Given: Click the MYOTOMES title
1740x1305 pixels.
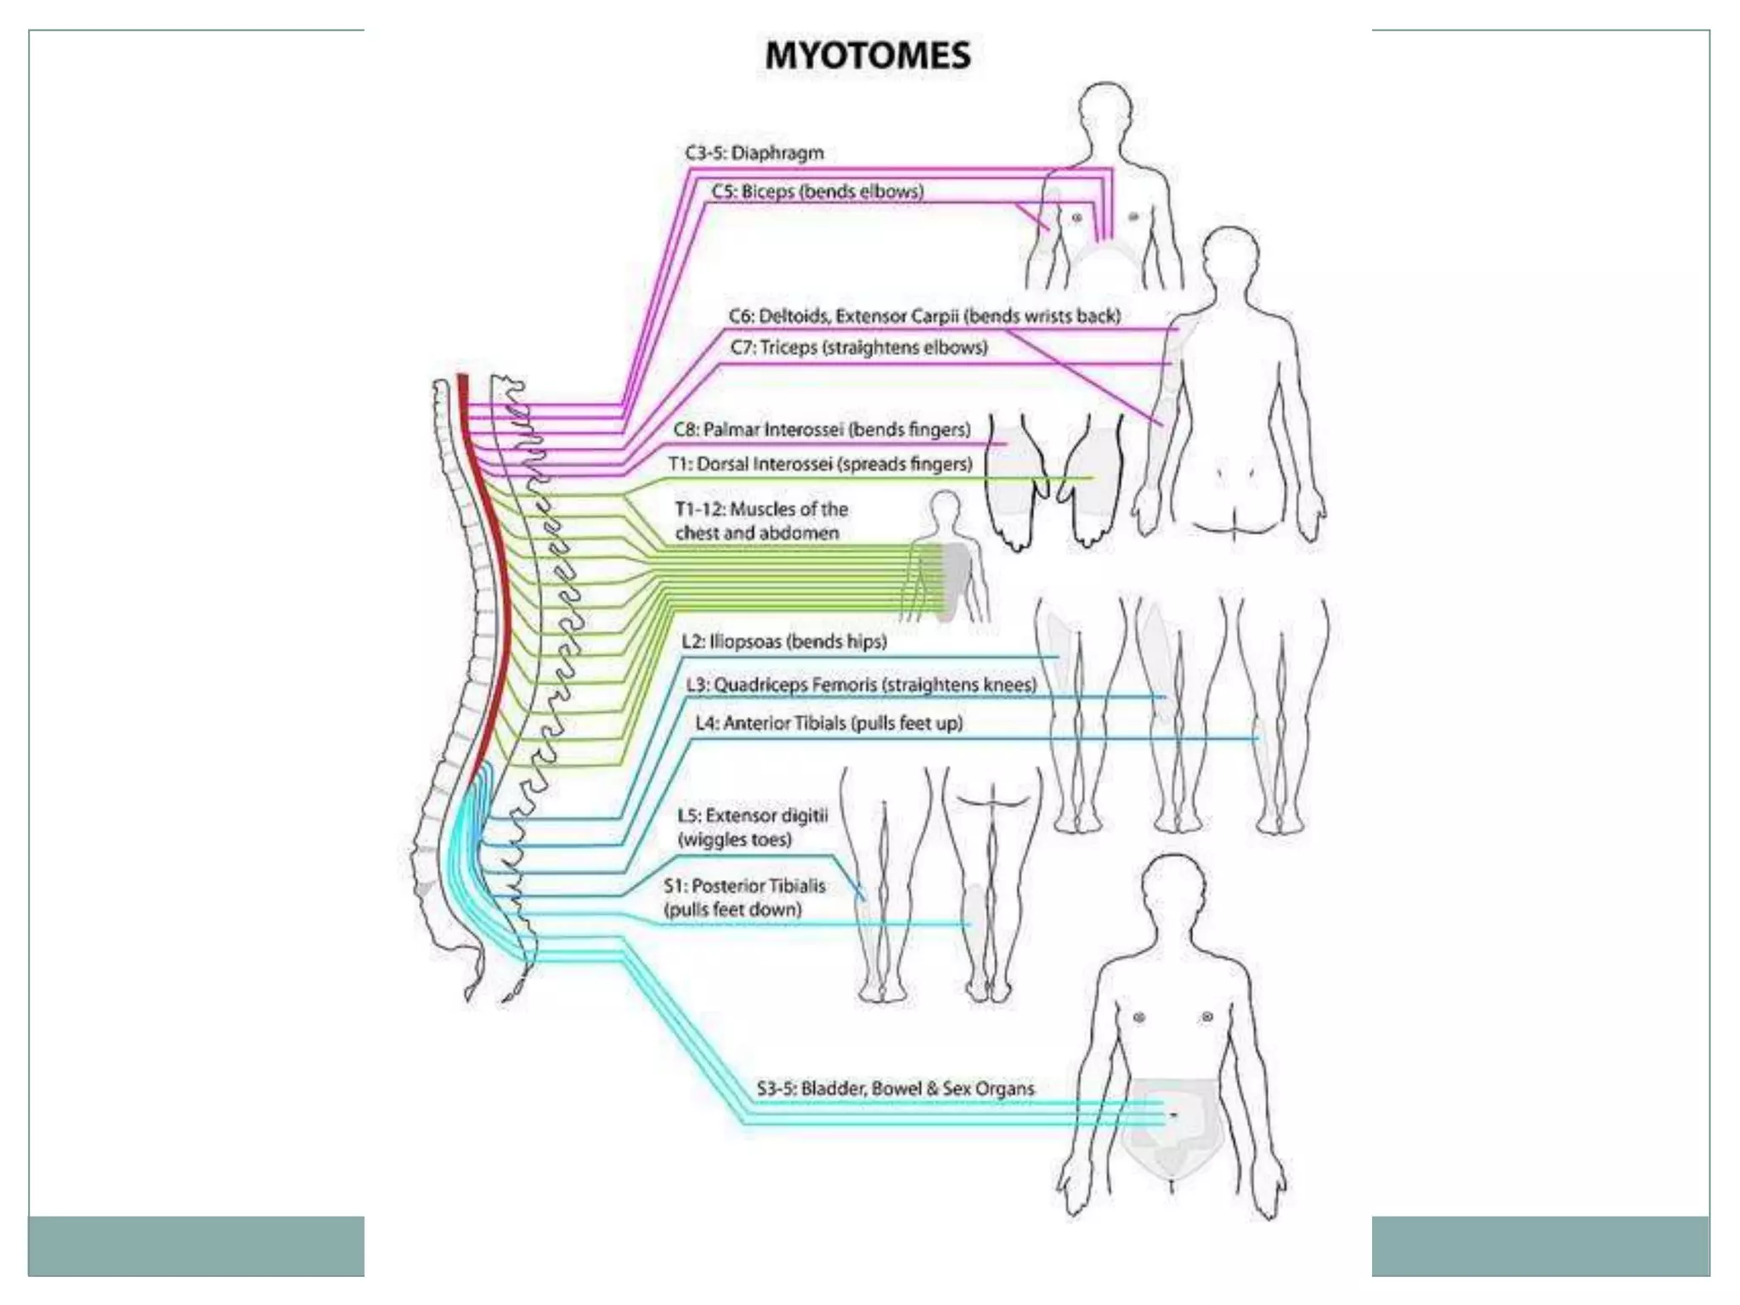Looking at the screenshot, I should [867, 56].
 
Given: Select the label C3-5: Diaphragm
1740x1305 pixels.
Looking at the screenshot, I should [754, 153].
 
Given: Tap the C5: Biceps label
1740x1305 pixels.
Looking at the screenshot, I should [817, 191].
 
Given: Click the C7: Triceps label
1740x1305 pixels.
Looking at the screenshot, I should [859, 347].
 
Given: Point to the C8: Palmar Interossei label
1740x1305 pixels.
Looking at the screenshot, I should [822, 430].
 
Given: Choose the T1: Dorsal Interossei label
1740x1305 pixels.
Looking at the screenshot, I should [820, 465].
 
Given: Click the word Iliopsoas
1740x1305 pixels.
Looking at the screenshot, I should [745, 641].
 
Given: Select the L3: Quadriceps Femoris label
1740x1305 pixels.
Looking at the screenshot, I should [862, 685].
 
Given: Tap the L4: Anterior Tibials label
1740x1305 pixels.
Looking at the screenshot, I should [828, 723].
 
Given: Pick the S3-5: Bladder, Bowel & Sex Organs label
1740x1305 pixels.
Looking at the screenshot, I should [895, 1088].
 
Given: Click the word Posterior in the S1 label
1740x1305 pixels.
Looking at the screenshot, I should [726, 885].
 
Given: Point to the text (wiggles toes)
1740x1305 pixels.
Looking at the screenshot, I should [734, 839].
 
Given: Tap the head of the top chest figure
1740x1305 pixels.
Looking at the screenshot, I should [1104, 110].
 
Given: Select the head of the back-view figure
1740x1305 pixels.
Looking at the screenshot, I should [1231, 256].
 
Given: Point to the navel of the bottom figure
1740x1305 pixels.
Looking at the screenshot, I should [1173, 1115].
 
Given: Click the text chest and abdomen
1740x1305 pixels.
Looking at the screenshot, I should [756, 533].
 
